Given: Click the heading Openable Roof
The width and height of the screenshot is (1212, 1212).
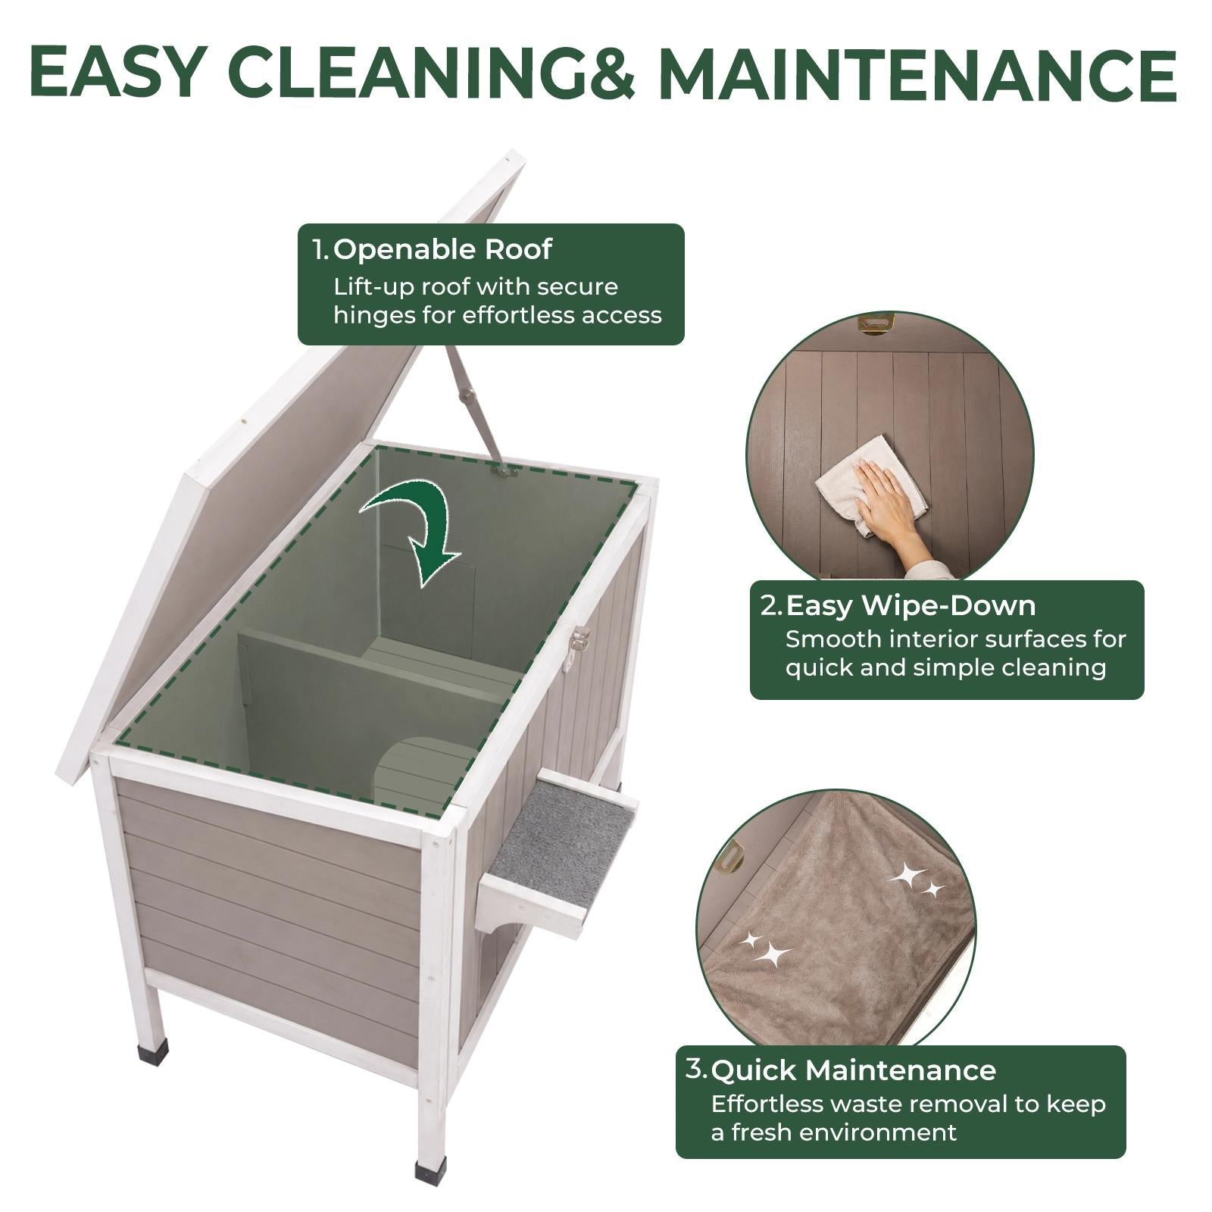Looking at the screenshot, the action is click(442, 249).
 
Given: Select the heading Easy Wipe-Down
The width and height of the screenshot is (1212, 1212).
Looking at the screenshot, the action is click(911, 605).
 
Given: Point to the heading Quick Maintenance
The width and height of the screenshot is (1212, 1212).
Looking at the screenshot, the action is click(854, 1070).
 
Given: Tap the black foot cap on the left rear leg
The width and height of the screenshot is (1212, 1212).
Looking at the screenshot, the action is click(150, 1055).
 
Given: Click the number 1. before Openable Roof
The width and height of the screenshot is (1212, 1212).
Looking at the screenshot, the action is click(321, 249).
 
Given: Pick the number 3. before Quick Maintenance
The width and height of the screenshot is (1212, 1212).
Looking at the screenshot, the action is click(696, 1069).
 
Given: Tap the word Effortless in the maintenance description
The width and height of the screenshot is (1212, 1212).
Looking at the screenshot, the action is click(767, 1104).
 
